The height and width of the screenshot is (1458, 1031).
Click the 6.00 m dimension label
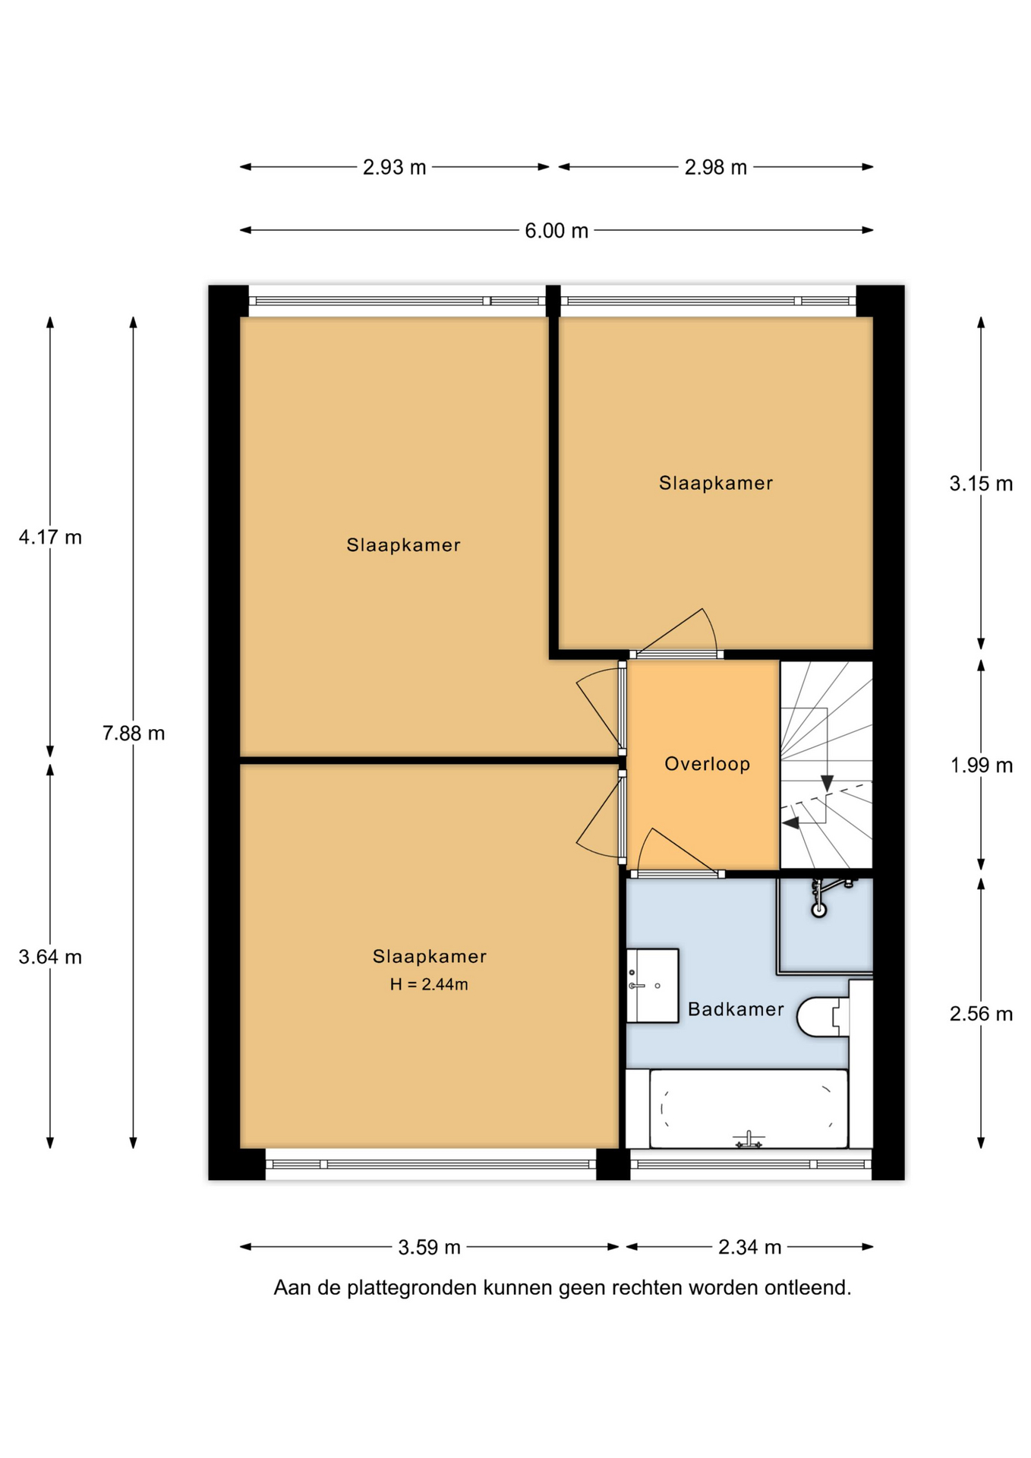556,230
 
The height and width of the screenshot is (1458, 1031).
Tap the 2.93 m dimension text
394,167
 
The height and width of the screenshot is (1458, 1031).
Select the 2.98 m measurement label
715,167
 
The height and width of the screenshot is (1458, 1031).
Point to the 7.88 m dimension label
134,733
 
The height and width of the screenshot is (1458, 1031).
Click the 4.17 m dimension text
50,537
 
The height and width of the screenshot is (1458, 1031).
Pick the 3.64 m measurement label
50,957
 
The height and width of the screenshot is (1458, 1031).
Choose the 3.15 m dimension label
981,483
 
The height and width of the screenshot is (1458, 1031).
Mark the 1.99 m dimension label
981,765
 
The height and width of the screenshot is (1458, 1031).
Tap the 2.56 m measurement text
981,1013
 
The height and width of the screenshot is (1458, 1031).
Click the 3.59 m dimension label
429,1247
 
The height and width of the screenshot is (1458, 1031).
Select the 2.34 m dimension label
749,1247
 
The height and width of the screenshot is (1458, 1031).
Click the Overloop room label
707,764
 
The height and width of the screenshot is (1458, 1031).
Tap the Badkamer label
736,1009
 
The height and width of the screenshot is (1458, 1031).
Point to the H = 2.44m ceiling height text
429,984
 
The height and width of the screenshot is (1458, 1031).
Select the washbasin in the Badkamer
652,986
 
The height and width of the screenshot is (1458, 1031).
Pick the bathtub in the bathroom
749,1108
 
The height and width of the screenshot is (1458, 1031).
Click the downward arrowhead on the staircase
827,783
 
